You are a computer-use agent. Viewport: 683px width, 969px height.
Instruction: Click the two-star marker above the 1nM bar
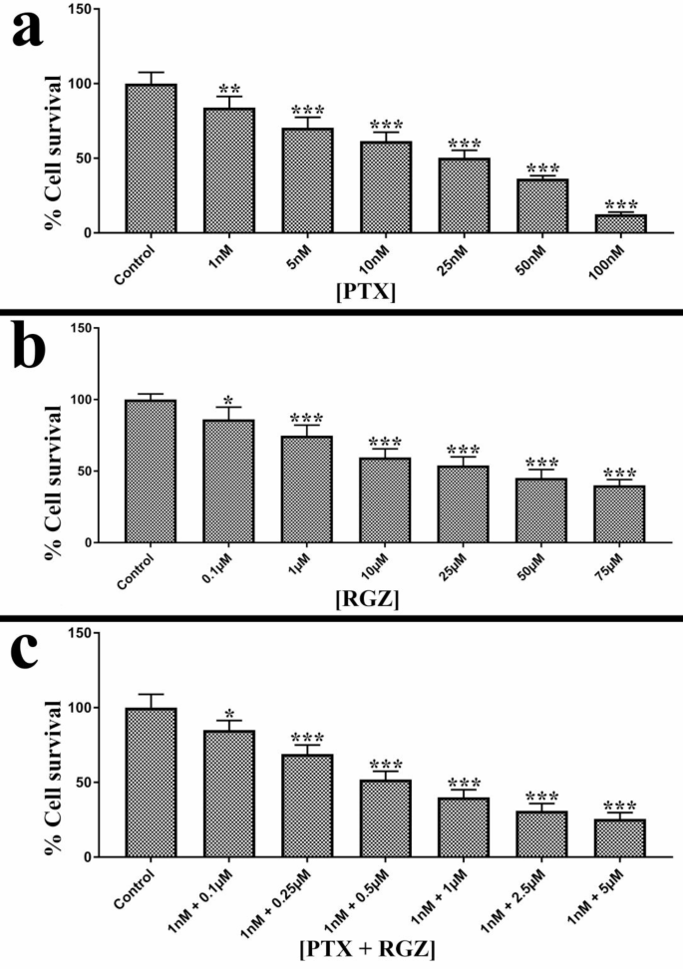tap(230, 89)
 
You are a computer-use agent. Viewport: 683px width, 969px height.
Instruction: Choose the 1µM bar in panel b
tap(308, 488)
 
